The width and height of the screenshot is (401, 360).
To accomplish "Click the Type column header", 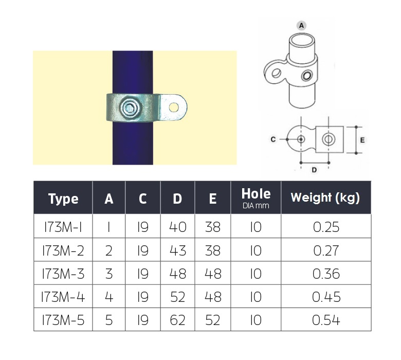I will [63, 199].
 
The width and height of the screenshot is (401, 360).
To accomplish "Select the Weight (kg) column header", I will [325, 197].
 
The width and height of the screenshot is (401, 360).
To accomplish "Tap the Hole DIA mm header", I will [256, 199].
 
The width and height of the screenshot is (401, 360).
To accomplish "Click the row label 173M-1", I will [63, 227].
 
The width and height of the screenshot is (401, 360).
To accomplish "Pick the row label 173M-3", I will [63, 274].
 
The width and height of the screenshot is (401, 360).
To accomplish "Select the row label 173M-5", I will [63, 320].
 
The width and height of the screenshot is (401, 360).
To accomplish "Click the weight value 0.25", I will [326, 227].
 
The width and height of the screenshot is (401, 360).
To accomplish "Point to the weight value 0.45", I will [326, 297].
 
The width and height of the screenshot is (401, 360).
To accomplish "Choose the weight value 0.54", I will [326, 320].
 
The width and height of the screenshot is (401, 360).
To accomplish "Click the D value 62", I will [177, 320].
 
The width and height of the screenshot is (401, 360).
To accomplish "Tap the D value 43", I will [177, 250].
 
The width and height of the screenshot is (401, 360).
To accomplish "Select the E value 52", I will [212, 320].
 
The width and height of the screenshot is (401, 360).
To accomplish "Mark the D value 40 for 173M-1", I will [177, 227].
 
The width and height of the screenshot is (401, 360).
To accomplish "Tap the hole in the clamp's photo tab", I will [174, 107].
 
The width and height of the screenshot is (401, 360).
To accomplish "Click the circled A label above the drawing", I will [301, 25].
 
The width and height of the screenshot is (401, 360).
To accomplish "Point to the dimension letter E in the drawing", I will [363, 139].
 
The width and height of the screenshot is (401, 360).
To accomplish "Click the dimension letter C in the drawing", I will [274, 139].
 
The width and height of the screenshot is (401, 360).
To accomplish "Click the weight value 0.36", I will [326, 274].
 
